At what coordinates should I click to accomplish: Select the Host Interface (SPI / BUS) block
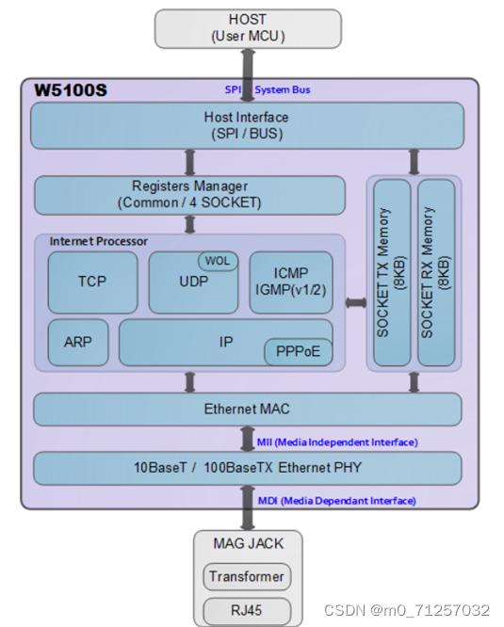247,125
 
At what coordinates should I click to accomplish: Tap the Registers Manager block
190,194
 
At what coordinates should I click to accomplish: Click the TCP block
92,281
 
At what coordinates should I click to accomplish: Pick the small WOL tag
217,260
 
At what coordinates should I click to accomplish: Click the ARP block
78,342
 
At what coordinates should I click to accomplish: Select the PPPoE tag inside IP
297,351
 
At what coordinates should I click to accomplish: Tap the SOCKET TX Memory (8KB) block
392,273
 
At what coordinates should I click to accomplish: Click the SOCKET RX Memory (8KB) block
436,273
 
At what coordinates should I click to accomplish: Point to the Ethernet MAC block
247,410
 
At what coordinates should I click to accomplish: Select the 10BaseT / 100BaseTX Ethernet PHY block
247,468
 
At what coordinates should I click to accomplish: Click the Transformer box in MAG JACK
247,576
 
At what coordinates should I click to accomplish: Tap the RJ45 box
247,610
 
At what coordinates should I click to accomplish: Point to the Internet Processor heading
99,241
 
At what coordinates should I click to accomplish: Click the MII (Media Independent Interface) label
337,441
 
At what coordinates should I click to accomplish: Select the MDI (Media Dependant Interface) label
337,500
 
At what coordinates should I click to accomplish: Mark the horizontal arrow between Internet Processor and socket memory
355,302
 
